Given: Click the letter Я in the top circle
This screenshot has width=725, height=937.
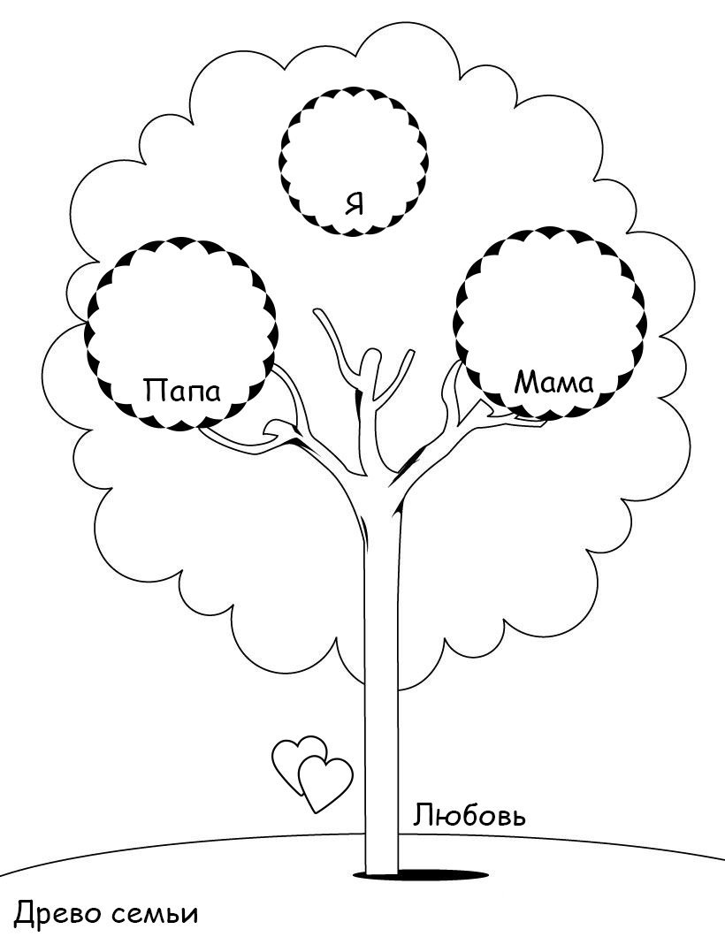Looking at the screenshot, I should coord(355,204).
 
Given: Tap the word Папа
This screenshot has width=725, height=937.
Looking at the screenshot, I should coord(182,390).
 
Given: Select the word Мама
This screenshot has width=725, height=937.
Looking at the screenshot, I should coord(553,382).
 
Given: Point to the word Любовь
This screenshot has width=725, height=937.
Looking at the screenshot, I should coord(469,815).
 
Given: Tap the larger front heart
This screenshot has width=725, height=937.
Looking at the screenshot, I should coord(324,781).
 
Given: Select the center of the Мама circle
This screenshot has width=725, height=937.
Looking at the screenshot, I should coord(550,322).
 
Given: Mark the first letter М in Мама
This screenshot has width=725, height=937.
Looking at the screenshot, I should coord(525,382).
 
